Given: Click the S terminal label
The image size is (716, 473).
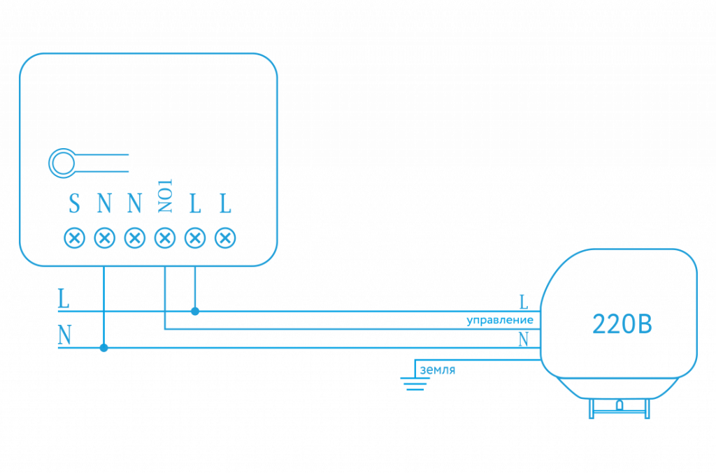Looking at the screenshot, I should coord(74,204).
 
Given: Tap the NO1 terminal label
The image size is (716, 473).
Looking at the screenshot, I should coord(165,196).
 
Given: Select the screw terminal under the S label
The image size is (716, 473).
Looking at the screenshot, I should coord(74,238).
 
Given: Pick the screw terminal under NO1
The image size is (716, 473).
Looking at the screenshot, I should coord(165,238).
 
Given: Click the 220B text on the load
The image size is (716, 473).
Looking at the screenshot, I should coord(622,324).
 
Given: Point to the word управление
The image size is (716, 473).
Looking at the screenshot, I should coord(501,321).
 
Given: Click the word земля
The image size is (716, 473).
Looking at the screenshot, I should coord(438,370).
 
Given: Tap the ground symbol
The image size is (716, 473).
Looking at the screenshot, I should coord(415,381).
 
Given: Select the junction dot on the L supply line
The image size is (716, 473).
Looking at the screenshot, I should coord(195,311).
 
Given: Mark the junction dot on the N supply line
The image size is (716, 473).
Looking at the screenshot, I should coord(103,347).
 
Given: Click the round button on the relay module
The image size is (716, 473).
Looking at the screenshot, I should coord(62,163).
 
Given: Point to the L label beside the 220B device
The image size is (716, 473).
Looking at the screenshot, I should coord(522,302).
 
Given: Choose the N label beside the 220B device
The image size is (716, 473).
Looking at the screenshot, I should coord(522,340).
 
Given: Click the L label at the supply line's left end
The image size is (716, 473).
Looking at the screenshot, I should coord(64,300).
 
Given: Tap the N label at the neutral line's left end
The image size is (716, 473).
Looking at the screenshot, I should coord(64,336).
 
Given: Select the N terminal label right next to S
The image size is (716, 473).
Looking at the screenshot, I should coord(104,204).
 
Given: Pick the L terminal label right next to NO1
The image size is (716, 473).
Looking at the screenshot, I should coord(195,204).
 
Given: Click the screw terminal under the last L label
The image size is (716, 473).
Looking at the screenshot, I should coord(224,238).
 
